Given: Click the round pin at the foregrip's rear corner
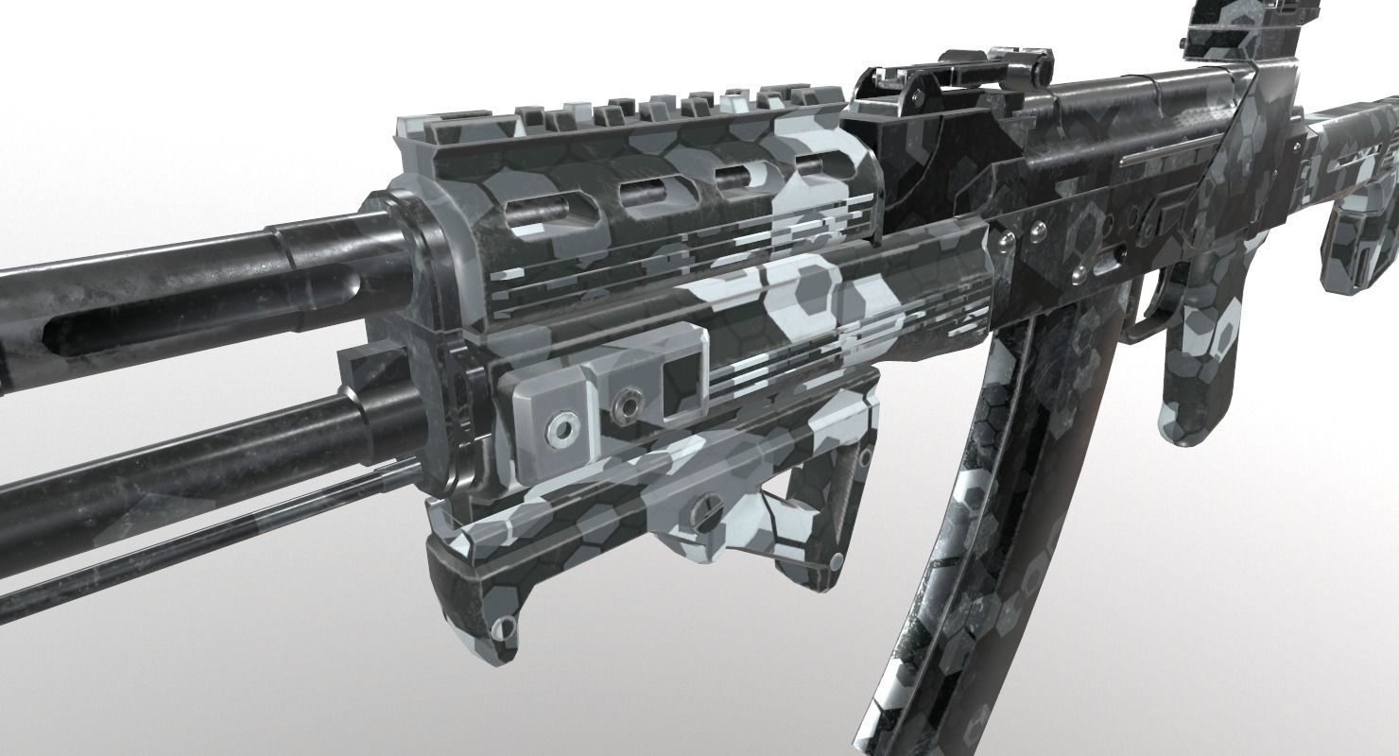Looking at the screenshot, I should (x=836, y=563).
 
